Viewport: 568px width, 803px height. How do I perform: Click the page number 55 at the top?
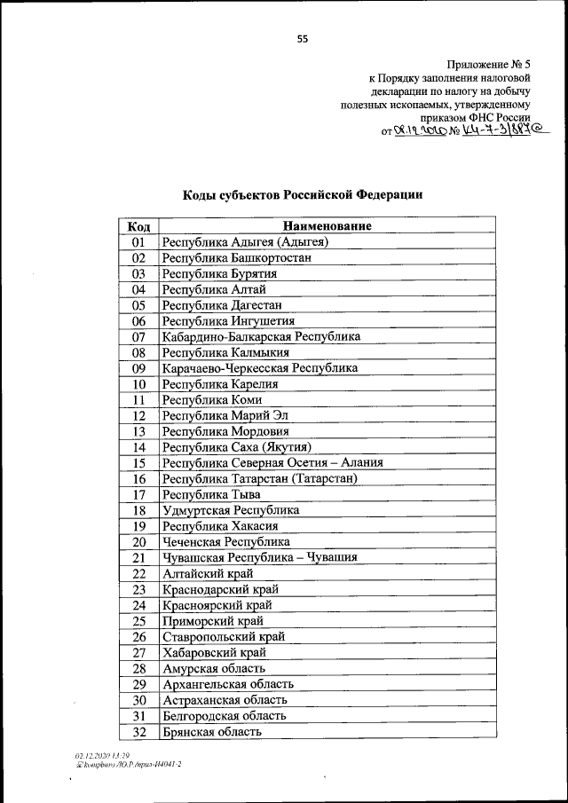(x=303, y=38)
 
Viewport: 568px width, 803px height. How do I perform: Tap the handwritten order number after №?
(x=502, y=131)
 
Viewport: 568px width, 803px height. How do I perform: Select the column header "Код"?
(x=138, y=226)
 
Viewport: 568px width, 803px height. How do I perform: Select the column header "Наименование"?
(x=327, y=226)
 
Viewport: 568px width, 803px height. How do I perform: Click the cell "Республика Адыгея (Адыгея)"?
(x=246, y=241)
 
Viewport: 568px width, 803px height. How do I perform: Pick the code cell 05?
(x=138, y=305)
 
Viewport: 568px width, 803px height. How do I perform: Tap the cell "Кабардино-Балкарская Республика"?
(x=261, y=336)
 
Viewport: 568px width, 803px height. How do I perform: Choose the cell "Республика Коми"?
(x=212, y=399)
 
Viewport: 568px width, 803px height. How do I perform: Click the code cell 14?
(x=138, y=447)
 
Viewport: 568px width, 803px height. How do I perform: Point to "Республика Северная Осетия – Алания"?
(x=272, y=463)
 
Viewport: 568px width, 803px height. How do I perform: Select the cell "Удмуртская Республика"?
(x=230, y=510)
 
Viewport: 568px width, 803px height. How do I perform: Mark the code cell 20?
(x=138, y=542)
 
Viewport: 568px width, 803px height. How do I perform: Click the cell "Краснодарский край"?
(x=220, y=589)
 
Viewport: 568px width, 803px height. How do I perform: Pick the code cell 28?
(x=138, y=668)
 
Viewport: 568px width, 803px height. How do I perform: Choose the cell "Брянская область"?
(x=211, y=732)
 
